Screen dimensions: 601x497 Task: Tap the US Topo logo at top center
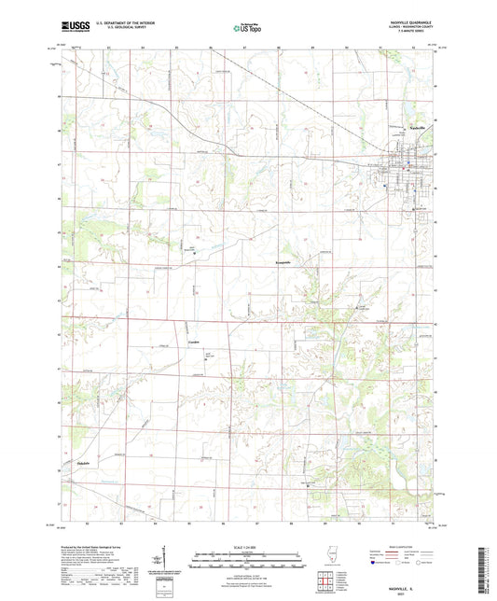[x=247, y=29]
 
